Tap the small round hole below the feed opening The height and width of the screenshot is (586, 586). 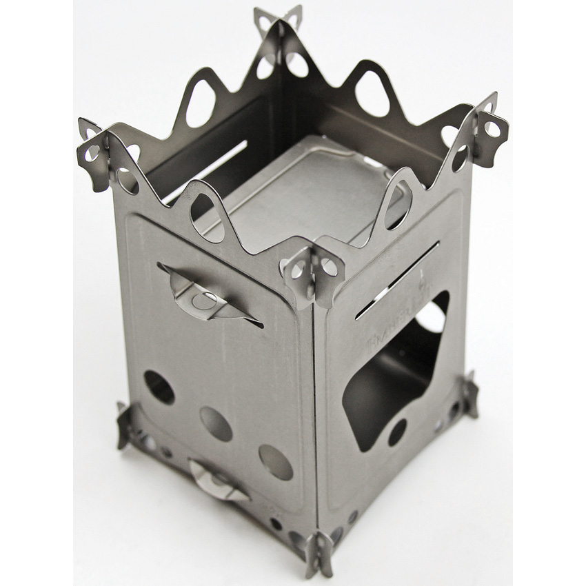tap(396, 432)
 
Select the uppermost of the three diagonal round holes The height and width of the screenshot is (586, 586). tap(159, 387)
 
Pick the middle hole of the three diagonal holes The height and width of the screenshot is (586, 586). tap(216, 423)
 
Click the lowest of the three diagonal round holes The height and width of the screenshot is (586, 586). tap(276, 461)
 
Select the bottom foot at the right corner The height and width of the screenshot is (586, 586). tap(471, 394)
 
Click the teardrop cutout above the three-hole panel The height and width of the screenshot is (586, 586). tap(205, 213)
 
